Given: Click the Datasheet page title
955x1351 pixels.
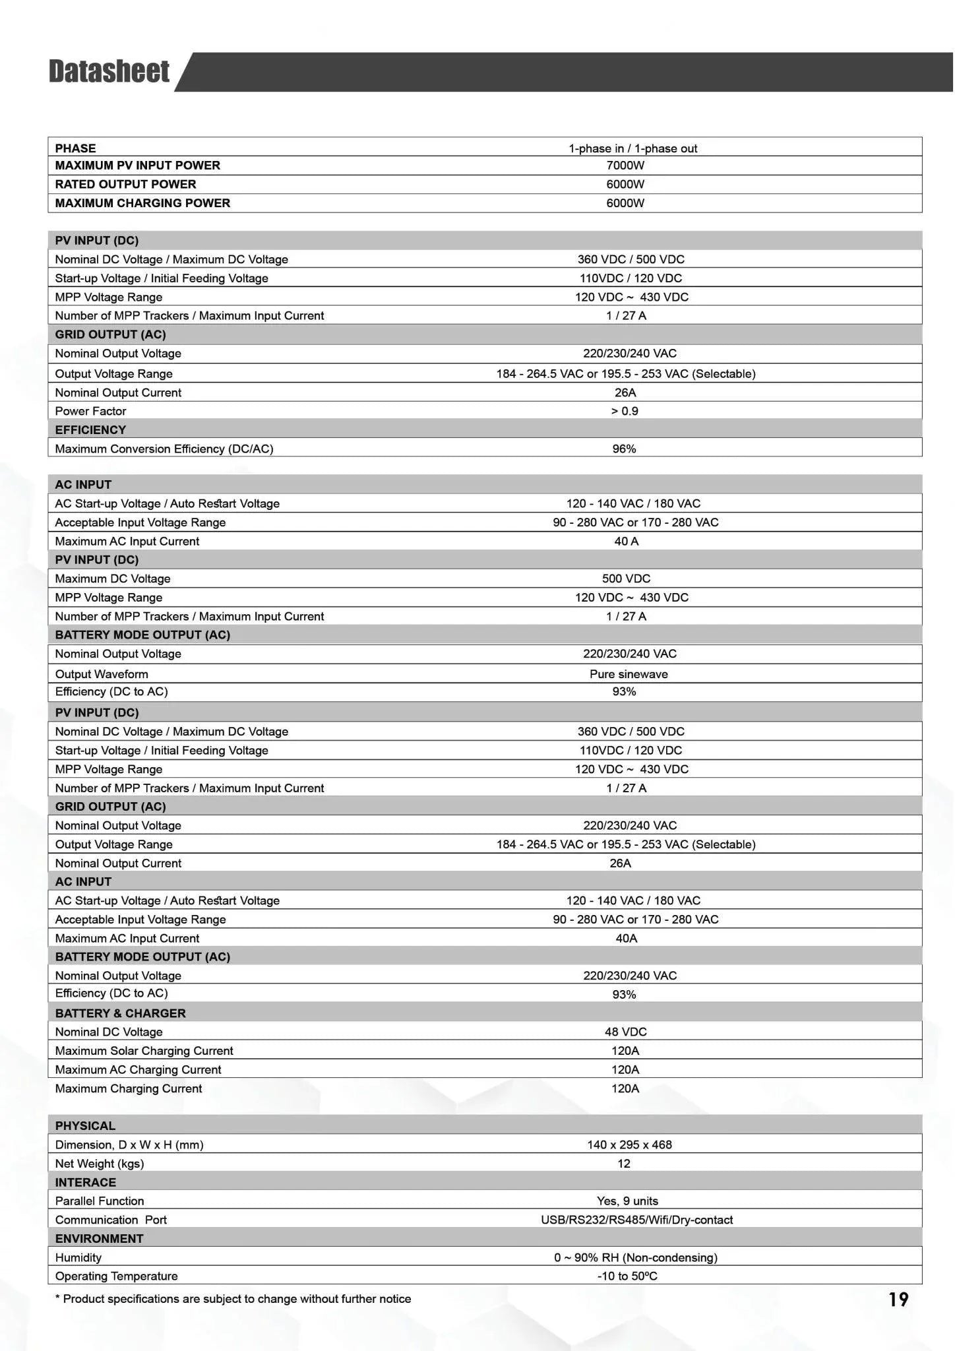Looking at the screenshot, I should pyautogui.click(x=109, y=71).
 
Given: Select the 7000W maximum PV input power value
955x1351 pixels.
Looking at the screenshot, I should pyautogui.click(x=625, y=166).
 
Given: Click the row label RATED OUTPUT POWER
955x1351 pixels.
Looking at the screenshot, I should pyautogui.click(x=125, y=184).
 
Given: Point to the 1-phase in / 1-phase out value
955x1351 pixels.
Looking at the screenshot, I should pyautogui.click(x=632, y=148).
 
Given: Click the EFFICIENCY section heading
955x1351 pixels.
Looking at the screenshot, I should pyautogui.click(x=90, y=430).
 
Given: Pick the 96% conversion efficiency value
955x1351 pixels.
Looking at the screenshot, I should pyautogui.click(x=624, y=449).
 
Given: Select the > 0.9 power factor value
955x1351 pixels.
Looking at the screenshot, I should pyautogui.click(x=624, y=411).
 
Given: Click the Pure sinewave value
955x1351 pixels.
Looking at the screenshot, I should pyautogui.click(x=628, y=674).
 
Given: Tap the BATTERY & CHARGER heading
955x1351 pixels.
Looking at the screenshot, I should pyautogui.click(x=120, y=1013).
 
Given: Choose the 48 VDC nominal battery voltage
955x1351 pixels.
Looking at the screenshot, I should pyautogui.click(x=625, y=1032).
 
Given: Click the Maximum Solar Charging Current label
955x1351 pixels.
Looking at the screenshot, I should pyautogui.click(x=144, y=1051).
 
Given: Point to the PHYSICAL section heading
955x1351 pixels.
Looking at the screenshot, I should pyautogui.click(x=85, y=1126).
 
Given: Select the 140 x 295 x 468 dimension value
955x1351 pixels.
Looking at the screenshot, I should pyautogui.click(x=629, y=1145).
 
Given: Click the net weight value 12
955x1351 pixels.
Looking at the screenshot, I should pyautogui.click(x=624, y=1164).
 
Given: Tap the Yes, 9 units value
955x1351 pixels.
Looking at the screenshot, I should pyautogui.click(x=627, y=1201).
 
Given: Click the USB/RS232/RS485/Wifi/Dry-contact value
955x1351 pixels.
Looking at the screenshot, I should pyautogui.click(x=636, y=1220).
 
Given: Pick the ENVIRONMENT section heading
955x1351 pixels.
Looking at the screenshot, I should pyautogui.click(x=99, y=1239).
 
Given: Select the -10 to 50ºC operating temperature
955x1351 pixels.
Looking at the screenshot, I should pyautogui.click(x=627, y=1276).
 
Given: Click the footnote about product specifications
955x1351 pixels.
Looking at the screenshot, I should pyautogui.click(x=233, y=1299).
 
